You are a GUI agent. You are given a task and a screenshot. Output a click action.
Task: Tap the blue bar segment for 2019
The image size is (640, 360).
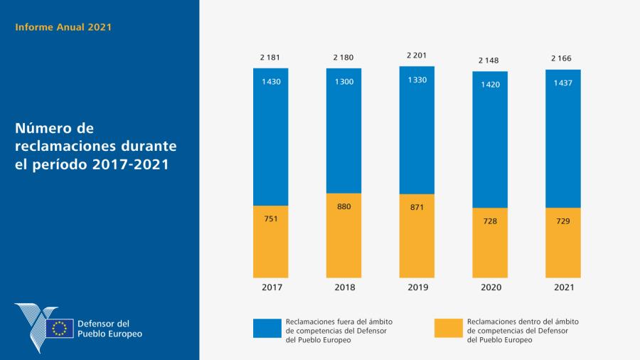click(417, 135)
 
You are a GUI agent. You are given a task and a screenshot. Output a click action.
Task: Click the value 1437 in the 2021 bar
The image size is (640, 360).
click(563, 83)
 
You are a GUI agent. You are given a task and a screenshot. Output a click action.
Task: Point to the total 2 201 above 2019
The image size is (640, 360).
click(417, 55)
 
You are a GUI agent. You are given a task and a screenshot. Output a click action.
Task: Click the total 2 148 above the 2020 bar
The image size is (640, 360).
click(490, 60)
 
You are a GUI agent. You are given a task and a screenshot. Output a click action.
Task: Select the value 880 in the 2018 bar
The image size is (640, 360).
click(343, 206)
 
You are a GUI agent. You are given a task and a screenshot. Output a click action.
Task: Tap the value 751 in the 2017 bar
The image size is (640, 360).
click(270, 218)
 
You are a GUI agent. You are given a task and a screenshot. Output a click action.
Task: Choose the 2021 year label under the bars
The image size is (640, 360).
click(563, 287)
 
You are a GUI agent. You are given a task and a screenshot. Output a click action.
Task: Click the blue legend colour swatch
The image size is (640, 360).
click(266, 328)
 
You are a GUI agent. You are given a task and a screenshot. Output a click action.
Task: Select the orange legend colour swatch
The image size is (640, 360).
click(448, 328)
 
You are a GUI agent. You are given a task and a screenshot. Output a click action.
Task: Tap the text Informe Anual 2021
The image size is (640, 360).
click(63, 28)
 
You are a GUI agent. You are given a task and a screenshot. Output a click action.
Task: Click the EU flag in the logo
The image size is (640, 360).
click(60, 328)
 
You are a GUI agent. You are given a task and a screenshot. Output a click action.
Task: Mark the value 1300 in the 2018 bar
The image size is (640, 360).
click(343, 82)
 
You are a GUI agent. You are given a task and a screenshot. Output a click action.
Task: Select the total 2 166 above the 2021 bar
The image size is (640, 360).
click(563, 58)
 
